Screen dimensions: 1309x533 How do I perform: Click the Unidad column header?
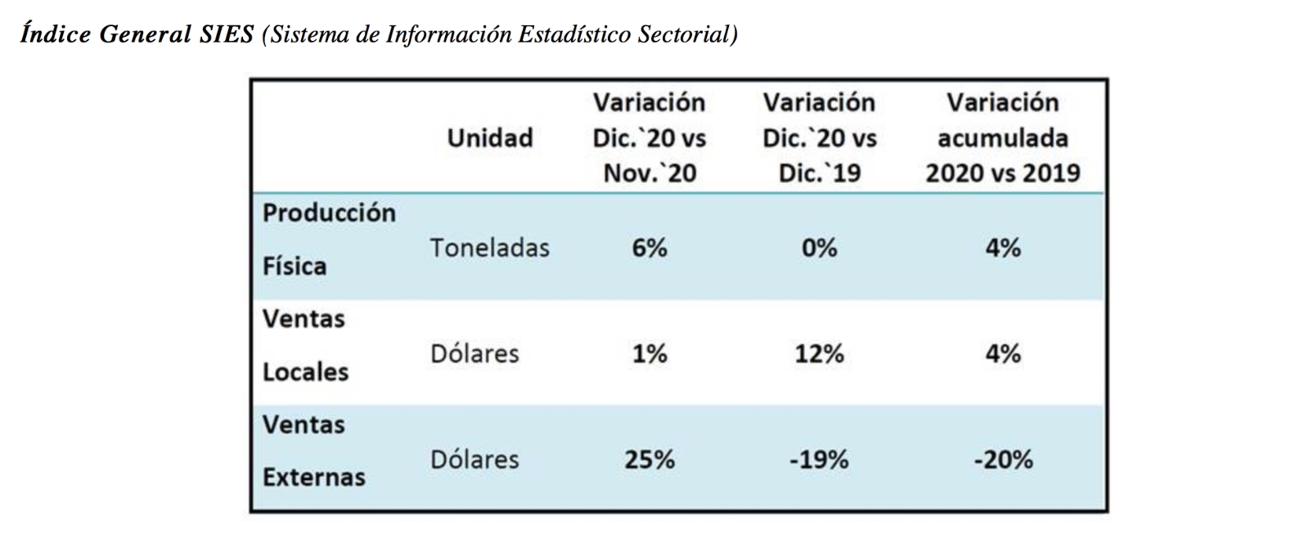click(x=490, y=138)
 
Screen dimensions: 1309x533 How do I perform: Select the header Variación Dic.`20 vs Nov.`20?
click(x=650, y=138)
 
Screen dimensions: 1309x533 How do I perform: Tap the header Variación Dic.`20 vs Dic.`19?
click(x=819, y=138)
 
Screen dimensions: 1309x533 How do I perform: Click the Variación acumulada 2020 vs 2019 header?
click(x=1003, y=138)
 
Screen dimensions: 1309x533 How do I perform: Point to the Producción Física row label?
click(x=329, y=240)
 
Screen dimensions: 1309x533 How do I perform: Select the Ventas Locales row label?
click(x=305, y=345)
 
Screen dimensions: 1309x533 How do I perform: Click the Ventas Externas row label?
click(x=314, y=450)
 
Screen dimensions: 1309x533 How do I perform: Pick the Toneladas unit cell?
click(x=490, y=249)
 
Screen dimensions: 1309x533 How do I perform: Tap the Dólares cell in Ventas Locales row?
click(x=475, y=354)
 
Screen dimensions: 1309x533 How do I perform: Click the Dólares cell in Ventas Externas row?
click(x=475, y=459)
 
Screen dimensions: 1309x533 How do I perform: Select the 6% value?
click(x=650, y=249)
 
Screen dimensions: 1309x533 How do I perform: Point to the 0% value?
click(x=819, y=249)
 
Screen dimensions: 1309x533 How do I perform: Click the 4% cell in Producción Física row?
click(x=1003, y=249)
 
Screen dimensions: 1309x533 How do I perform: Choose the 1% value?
click(x=650, y=354)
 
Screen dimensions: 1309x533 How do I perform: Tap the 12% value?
click(x=819, y=354)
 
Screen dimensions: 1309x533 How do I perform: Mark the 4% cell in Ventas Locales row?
click(x=1003, y=354)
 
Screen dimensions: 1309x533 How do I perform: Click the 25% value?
click(x=650, y=459)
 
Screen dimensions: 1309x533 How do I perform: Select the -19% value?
click(x=819, y=459)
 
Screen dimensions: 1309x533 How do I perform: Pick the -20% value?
click(x=1003, y=459)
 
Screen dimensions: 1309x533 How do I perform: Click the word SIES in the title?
click(x=226, y=34)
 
